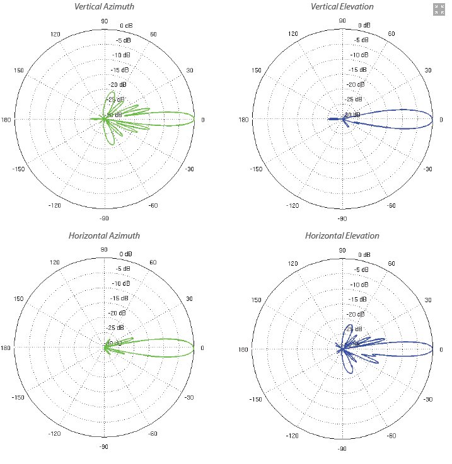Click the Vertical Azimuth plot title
point(104,7)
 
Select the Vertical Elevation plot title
point(342,7)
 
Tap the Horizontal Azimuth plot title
point(104,236)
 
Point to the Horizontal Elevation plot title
point(342,236)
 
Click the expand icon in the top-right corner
point(439,9)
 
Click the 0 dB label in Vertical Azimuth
point(126,26)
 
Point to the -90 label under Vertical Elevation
point(342,218)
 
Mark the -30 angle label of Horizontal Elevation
point(428,399)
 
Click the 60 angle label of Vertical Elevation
point(391,35)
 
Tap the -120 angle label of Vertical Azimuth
point(55,206)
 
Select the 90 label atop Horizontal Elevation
point(342,250)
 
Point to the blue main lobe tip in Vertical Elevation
point(432,120)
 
